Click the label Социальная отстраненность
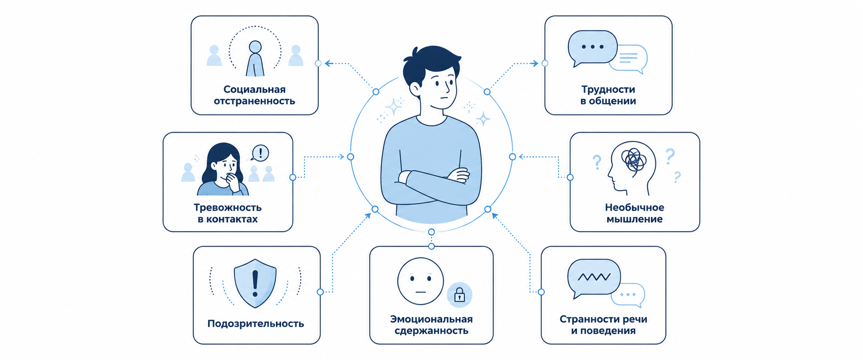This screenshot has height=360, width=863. click(x=254, y=95)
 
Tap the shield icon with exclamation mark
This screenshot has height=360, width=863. click(x=255, y=284)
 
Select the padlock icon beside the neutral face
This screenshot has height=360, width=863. click(x=459, y=295)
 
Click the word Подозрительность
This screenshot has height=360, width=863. click(x=256, y=324)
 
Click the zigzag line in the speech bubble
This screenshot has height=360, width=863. click(x=594, y=277)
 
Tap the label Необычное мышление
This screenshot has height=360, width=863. click(x=635, y=213)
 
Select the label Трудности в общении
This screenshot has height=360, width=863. click(x=608, y=95)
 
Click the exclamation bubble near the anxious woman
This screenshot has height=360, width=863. click(x=260, y=153)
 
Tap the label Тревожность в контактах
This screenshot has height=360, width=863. click(x=228, y=213)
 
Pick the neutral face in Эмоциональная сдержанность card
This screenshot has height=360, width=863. click(x=420, y=281)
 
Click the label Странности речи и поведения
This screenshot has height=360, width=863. click(x=603, y=325)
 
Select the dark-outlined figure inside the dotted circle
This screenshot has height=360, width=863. click(x=255, y=59)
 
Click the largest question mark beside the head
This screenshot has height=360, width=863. click(x=670, y=157)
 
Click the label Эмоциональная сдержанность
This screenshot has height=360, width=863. click(x=431, y=325)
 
